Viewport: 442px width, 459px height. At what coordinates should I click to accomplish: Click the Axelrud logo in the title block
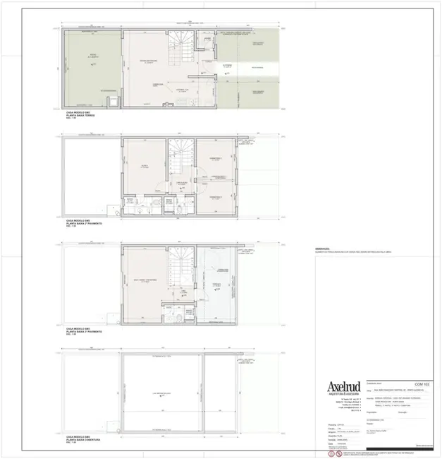click(342, 387)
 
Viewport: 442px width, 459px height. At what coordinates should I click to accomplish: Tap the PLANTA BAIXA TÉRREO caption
click(80, 114)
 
